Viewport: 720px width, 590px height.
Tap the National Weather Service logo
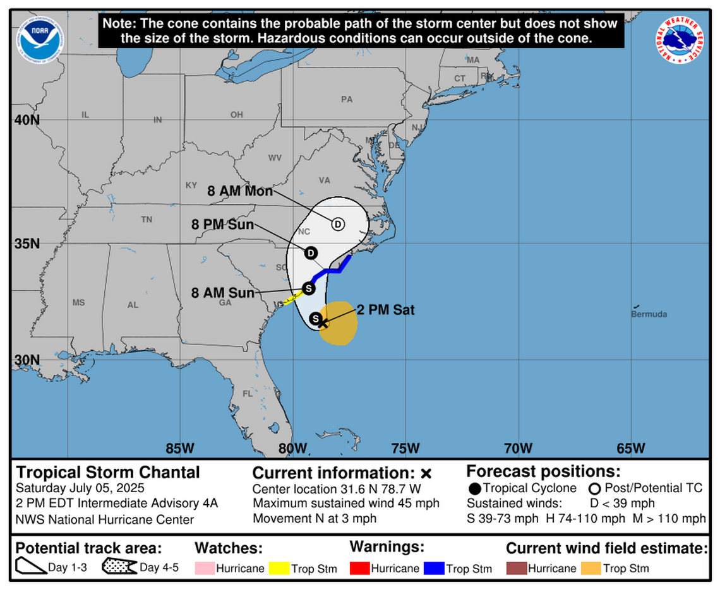[x=680, y=39]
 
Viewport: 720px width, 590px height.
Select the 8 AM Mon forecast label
[x=240, y=191]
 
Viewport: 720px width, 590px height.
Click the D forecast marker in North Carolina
[x=338, y=224]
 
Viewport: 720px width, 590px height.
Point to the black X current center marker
[x=323, y=322]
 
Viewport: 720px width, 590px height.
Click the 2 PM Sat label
[x=386, y=310]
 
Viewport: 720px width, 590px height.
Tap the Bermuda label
[x=649, y=314]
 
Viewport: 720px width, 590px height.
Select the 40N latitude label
[x=27, y=120]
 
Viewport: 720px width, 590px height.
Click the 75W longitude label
[x=405, y=448]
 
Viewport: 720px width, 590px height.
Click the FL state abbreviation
[x=248, y=394]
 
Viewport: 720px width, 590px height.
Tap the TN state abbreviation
[x=147, y=220]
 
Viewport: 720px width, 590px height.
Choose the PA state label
[x=346, y=99]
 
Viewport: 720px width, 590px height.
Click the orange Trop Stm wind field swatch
[x=591, y=569]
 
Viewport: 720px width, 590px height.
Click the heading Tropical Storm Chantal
[x=108, y=472]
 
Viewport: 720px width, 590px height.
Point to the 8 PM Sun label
[x=223, y=225]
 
